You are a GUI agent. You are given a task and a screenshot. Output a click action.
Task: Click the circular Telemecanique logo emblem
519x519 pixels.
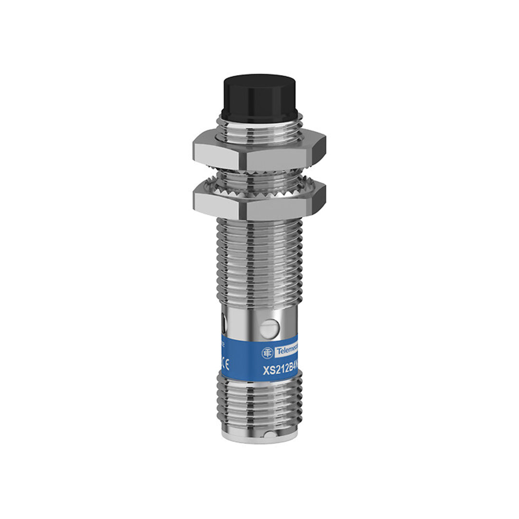coord(267,353)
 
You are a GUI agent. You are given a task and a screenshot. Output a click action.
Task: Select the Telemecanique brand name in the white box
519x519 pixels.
coord(286,352)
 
